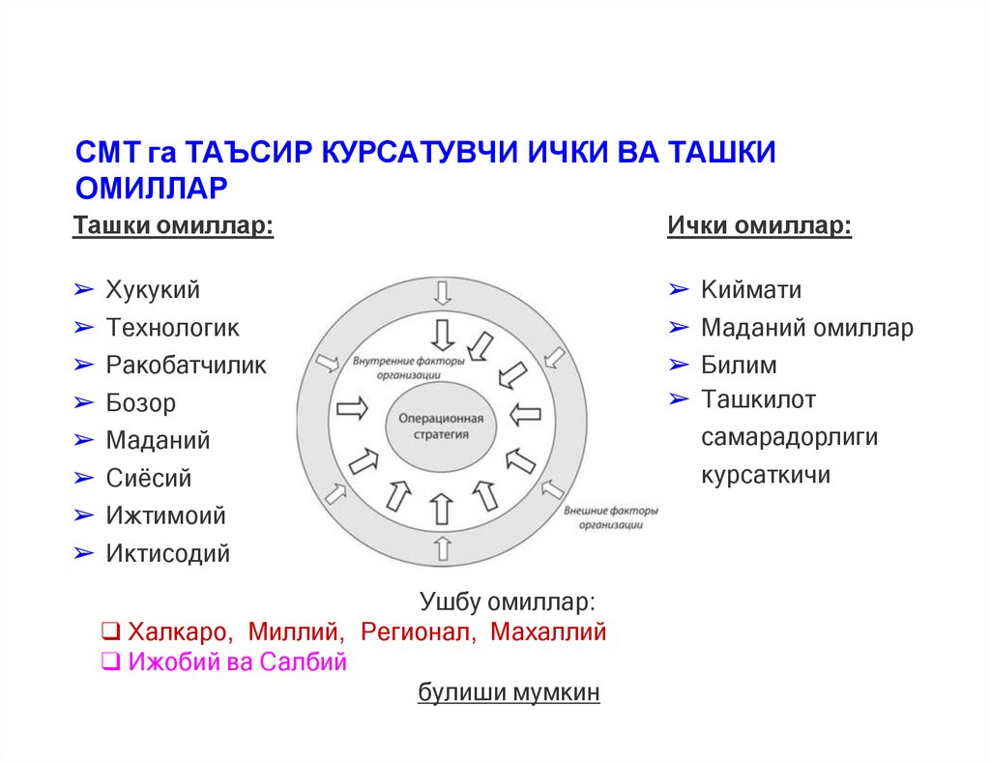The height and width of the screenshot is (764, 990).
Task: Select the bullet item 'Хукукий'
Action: [153, 289]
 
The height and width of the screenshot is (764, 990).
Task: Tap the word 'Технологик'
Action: [172, 327]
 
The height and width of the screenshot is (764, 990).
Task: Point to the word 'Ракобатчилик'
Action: [186, 365]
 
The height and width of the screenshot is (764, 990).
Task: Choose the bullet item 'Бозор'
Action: [141, 403]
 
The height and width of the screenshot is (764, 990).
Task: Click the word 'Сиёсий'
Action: [149, 478]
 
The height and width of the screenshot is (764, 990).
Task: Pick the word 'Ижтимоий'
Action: [165, 515]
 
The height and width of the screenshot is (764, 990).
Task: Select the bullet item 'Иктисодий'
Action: [168, 554]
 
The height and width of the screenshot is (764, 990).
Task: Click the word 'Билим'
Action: [739, 366]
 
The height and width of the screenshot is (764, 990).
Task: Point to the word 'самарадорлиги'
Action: [789, 437]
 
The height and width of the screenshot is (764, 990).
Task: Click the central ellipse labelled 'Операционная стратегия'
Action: [440, 426]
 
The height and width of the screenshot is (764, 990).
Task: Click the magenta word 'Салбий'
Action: [308, 662]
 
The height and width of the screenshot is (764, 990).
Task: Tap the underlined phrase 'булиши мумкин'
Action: [509, 693]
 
